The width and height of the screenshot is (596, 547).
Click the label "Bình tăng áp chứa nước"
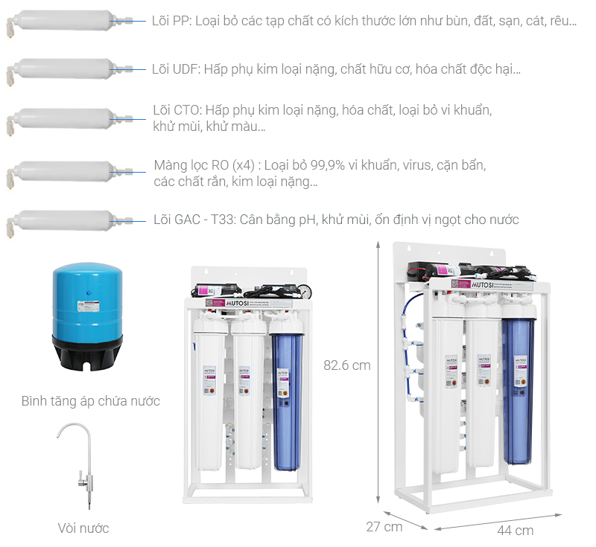[91, 402]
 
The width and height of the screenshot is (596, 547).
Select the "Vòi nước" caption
[83, 528]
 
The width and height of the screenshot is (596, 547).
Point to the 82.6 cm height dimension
[347, 365]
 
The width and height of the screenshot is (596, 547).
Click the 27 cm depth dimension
[384, 527]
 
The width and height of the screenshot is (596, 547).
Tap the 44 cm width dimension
[515, 531]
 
